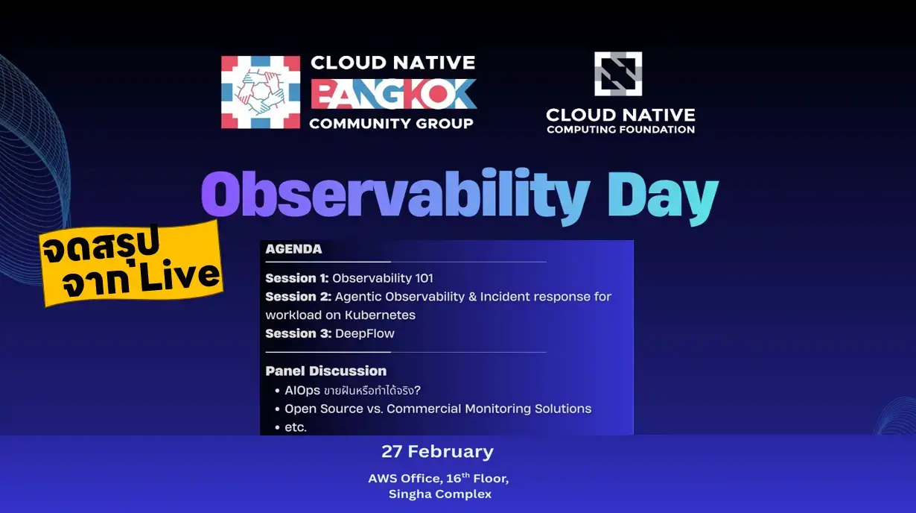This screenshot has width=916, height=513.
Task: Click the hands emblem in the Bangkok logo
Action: pyautogui.click(x=261, y=92)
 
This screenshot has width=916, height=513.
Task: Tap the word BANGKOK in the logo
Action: pyautogui.click(x=393, y=94)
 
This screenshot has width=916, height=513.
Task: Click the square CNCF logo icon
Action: pyautogui.click(x=618, y=74)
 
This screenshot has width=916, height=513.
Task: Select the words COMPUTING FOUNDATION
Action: pyautogui.click(x=620, y=130)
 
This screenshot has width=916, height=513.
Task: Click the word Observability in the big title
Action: pyautogui.click(x=395, y=195)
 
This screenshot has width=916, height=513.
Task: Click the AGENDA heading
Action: pyautogui.click(x=293, y=249)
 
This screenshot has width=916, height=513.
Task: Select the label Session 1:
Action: pyautogui.click(x=297, y=278)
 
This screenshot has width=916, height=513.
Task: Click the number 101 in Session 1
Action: pyautogui.click(x=424, y=278)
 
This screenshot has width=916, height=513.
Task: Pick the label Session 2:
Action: pyautogui.click(x=298, y=297)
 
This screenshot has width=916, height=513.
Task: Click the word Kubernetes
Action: pyautogui.click(x=380, y=315)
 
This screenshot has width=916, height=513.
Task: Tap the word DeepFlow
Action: pyautogui.click(x=365, y=334)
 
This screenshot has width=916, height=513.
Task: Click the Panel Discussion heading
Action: pyautogui.click(x=326, y=371)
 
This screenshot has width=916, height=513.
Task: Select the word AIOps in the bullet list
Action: pyautogui.click(x=302, y=390)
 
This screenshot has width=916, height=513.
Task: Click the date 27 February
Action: pyautogui.click(x=438, y=452)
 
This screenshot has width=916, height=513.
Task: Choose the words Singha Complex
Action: pyautogui.click(x=440, y=494)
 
